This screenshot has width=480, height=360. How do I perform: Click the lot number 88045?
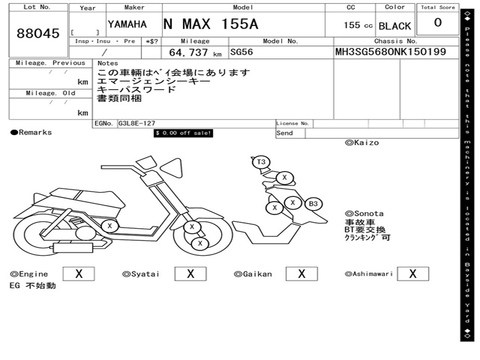pos(38,33)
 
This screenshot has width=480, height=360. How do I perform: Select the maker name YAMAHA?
pos(127,24)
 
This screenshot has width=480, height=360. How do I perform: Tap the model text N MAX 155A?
pos(210,24)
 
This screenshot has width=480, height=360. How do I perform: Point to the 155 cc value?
pos(358,25)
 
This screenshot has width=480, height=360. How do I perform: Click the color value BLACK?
pos(395,26)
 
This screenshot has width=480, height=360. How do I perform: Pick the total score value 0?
pos(438,23)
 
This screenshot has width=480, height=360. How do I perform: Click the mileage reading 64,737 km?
pos(195,52)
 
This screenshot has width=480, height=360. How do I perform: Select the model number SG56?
pos(241,52)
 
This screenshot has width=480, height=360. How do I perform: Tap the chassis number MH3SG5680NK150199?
pos(390,52)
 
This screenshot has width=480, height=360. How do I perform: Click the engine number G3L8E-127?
pos(136,124)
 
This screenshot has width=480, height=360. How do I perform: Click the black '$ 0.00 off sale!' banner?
pos(184,133)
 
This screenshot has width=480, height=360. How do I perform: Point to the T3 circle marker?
pos(261,162)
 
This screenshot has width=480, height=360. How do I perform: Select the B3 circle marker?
pos(313,204)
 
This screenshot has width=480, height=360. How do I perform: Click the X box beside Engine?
pos(79,274)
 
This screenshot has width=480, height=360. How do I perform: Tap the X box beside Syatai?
pos(190,274)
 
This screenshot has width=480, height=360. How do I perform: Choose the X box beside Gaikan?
pos(301,274)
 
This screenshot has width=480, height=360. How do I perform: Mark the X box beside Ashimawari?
pos(412,274)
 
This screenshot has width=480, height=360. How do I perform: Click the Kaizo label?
pos(362,142)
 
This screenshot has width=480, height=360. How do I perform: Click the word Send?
pos(285,133)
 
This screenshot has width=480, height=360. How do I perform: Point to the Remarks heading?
pos(31,132)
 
